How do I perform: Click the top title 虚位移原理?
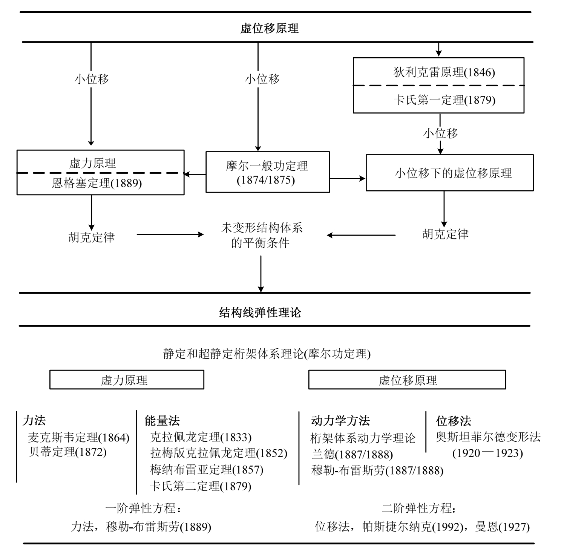269,28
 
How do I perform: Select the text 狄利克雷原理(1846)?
444,72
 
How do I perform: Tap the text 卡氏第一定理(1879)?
444,100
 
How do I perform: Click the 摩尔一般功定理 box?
267,172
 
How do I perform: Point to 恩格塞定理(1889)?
97,183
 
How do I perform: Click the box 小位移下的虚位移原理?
449,173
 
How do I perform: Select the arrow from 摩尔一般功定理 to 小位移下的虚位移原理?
347,178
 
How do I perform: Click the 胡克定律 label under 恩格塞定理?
92,237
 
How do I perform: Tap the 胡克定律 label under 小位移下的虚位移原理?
445,234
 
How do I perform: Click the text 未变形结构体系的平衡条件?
261,236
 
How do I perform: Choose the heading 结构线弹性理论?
260,313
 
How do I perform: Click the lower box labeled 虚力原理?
127,380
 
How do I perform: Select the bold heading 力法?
34,420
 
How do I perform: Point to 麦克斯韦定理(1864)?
78,437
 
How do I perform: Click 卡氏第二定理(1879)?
200,486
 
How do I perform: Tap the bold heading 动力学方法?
340,420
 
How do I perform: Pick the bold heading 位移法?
454,420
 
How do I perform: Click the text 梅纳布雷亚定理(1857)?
207,469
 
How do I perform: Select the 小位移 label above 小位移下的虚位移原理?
440,133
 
